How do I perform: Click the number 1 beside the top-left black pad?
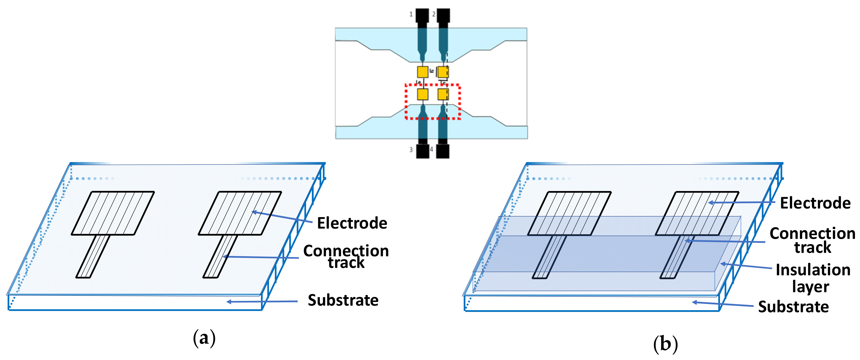click(411, 14)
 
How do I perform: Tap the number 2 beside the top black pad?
click(434, 14)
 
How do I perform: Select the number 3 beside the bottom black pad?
click(411, 150)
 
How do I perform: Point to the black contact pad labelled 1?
click(422, 17)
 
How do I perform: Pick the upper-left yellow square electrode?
click(423, 72)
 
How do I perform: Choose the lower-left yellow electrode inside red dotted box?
click(423, 94)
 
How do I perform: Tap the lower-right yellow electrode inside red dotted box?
click(443, 94)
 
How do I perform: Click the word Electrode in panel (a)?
click(352, 223)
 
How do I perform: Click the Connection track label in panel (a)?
click(346, 257)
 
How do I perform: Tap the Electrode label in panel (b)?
click(815, 203)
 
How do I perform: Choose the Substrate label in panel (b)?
click(793, 307)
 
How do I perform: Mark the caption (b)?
click(665, 344)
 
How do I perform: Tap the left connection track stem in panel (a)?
click(93, 257)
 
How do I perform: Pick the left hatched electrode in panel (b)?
click(570, 213)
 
